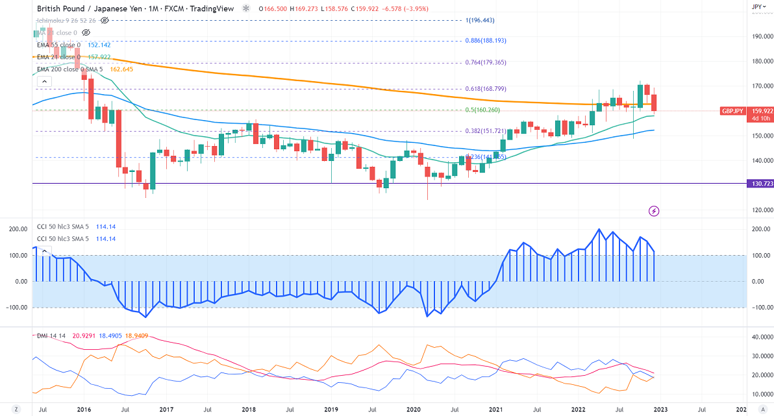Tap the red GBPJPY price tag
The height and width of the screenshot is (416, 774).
pyautogui.click(x=736, y=111)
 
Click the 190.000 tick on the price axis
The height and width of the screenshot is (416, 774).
pyautogui.click(x=760, y=36)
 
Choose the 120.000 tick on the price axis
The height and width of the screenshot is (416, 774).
pyautogui.click(x=760, y=210)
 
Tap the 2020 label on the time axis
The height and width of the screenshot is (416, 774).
pyautogui.click(x=414, y=410)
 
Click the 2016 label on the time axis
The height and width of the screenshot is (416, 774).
pyautogui.click(x=83, y=410)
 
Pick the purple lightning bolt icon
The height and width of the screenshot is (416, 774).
pyautogui.click(x=654, y=210)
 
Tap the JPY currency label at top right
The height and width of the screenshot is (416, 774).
pyautogui.click(x=756, y=6)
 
